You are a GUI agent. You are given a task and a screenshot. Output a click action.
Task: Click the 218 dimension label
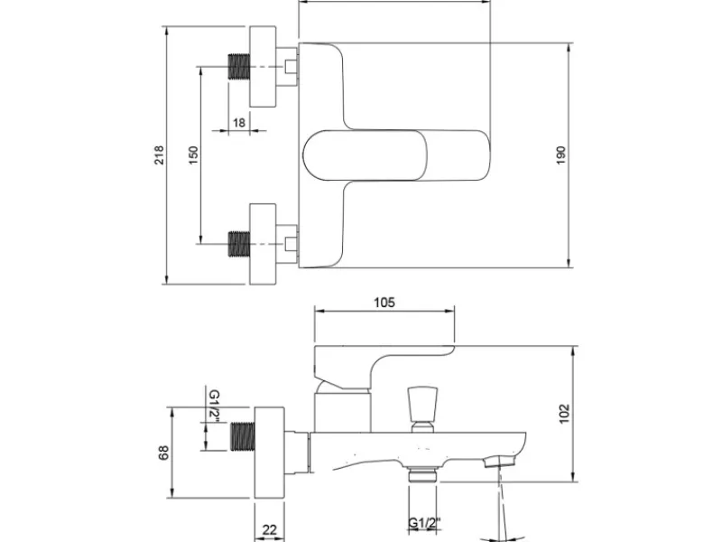click(159, 155)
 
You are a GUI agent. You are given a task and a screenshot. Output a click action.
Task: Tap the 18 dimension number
click(239, 123)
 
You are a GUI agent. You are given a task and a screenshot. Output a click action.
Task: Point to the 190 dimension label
click(560, 155)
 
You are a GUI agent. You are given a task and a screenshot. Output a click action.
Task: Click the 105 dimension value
click(384, 303)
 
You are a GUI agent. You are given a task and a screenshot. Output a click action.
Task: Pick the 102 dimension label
click(564, 414)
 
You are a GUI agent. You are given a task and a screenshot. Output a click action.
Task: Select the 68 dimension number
click(164, 453)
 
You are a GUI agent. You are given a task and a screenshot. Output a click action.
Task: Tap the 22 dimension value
click(269, 530)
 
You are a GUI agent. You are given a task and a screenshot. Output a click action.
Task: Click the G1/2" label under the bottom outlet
click(424, 524)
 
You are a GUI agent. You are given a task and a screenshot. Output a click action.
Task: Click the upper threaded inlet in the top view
click(239, 67)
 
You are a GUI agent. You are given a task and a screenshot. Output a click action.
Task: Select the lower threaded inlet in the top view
click(239, 244)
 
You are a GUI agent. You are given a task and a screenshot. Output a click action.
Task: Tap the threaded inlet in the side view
click(242, 436)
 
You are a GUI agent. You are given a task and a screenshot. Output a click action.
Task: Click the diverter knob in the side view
click(422, 409)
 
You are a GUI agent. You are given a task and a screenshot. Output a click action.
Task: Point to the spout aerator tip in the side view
click(501, 461)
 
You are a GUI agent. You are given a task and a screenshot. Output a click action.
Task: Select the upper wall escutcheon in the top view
click(263, 67)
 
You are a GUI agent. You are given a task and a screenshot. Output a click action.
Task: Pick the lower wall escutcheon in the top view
click(263, 244)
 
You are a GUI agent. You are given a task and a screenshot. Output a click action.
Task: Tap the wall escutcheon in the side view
click(269, 453)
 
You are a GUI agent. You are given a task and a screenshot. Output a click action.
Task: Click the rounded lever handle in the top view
click(396, 155)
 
